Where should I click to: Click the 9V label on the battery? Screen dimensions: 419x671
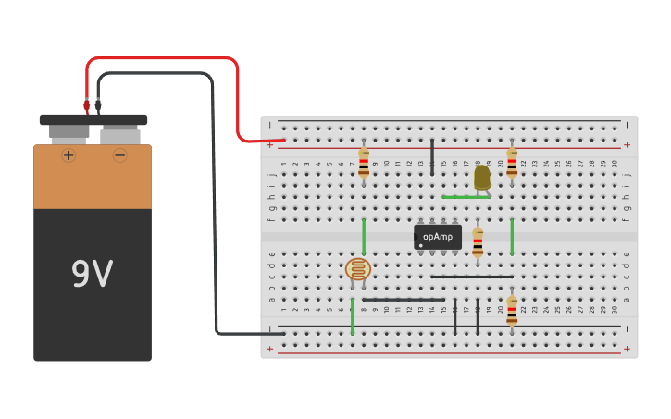point(92,274)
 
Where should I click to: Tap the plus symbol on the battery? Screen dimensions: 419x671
point(68,155)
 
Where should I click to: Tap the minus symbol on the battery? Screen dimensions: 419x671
point(119,155)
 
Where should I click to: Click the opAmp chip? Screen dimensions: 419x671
point(438,237)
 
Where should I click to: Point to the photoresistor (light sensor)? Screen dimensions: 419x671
point(358,269)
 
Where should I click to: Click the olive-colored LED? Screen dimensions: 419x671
point(482,177)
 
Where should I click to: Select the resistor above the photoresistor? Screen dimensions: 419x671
point(364,163)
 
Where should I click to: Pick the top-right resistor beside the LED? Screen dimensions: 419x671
point(512,163)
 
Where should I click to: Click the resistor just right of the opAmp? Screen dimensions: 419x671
point(478,242)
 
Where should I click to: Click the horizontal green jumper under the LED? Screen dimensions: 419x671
point(466,197)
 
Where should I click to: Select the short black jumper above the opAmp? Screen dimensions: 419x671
point(432,156)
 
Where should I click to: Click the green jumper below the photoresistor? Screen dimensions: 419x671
point(353,316)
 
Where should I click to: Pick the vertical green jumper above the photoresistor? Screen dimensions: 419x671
point(364,236)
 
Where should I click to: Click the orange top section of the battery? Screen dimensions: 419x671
point(93,177)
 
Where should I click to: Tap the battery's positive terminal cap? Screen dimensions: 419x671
point(68,132)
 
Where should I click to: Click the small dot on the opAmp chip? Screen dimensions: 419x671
point(420,245)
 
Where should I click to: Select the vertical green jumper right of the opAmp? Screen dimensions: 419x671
point(512,236)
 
